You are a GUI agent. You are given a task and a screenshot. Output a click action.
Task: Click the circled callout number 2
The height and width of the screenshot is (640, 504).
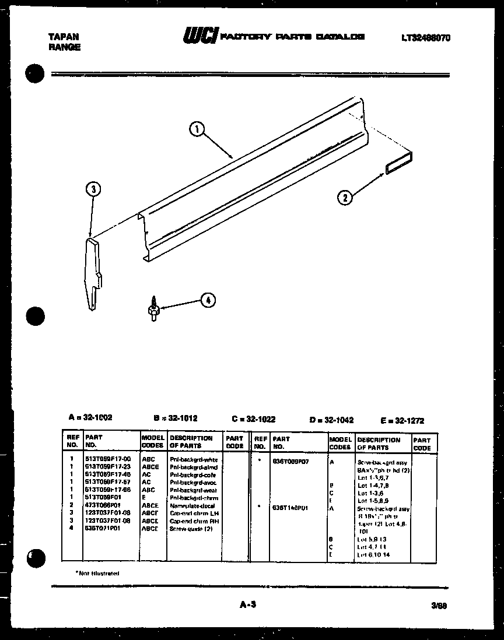[345, 198]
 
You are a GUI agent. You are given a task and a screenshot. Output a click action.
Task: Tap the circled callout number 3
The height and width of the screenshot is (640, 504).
[93, 189]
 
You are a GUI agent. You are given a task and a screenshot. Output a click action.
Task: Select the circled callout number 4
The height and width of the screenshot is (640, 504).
[208, 300]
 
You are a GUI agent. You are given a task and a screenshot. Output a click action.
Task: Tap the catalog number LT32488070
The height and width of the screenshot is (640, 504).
[425, 38]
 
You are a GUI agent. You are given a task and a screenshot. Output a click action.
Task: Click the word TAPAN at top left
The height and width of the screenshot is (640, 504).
[64, 36]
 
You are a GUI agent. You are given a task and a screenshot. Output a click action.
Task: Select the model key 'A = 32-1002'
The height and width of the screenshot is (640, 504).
[90, 417]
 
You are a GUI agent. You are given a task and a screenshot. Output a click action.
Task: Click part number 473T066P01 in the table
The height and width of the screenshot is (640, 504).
[104, 505]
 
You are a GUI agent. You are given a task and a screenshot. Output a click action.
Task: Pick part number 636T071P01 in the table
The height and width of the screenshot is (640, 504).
[104, 529]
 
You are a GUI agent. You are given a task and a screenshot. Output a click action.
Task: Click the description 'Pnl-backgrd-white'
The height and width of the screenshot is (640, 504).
[193, 459]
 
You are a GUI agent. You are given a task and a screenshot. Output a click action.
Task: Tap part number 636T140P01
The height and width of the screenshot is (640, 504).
[290, 508]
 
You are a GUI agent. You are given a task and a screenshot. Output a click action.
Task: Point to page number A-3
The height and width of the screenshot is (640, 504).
[248, 605]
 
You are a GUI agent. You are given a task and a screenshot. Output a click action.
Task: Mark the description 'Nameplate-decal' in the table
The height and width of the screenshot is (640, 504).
[192, 505]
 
